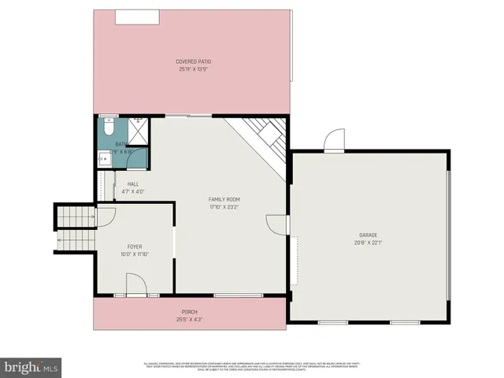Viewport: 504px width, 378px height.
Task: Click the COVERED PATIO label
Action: tap(194, 61)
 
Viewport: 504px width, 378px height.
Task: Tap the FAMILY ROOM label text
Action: tap(224, 199)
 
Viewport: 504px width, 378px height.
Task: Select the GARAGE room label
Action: tap(368, 235)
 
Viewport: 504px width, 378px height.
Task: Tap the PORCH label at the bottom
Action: tap(189, 312)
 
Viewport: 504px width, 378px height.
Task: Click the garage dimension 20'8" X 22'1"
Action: tap(368, 243)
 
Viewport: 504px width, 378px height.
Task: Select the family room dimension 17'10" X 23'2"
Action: tap(224, 207)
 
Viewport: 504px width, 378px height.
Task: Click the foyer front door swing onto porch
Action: tap(135, 285)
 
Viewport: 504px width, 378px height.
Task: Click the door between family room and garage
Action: tap(276, 224)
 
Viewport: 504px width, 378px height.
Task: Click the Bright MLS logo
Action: tap(31, 366)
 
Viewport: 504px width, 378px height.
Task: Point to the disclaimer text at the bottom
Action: tap(252, 365)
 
